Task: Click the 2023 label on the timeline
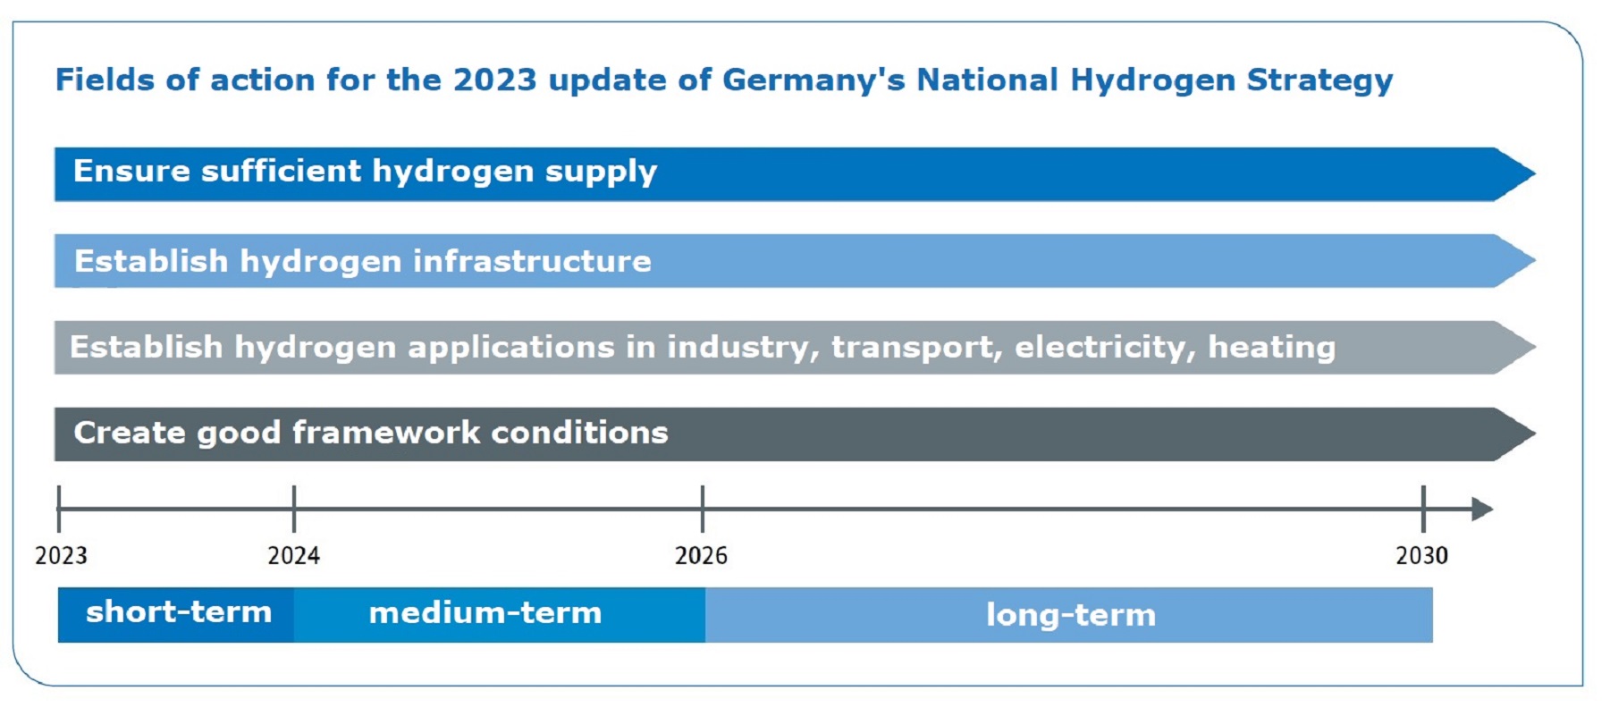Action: (x=61, y=556)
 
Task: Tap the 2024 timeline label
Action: (x=293, y=556)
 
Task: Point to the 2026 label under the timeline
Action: (x=701, y=556)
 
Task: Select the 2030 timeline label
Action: (x=1421, y=556)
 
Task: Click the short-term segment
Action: (x=177, y=614)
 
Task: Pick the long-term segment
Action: (x=1069, y=615)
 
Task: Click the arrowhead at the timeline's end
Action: (x=1481, y=510)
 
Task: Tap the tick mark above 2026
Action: (x=703, y=509)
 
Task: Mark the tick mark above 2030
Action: (x=1423, y=509)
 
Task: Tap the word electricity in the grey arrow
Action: (x=1104, y=347)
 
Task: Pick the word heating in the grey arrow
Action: (x=1271, y=347)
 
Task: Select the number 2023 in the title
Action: (x=494, y=80)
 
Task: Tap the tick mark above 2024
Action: (x=294, y=509)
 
